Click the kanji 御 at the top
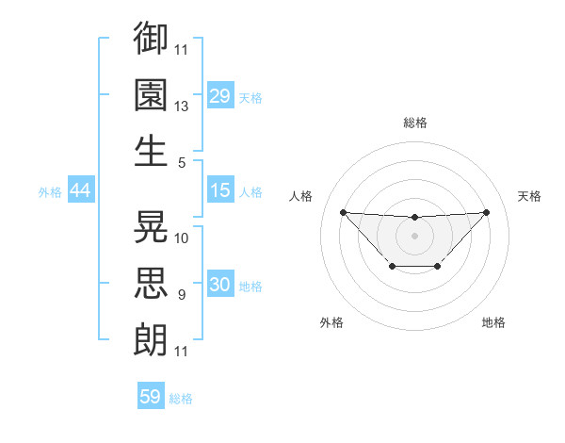pyautogui.click(x=152, y=39)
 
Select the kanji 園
pyautogui.click(x=152, y=94)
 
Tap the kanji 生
pyautogui.click(x=152, y=151)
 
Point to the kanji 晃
pyautogui.click(x=152, y=226)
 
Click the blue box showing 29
pyautogui.click(x=220, y=96)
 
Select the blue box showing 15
pyautogui.click(x=220, y=190)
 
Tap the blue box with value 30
pyautogui.click(x=220, y=285)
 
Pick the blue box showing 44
pyautogui.click(x=81, y=190)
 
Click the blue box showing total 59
pyautogui.click(x=151, y=397)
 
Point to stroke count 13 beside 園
pyautogui.click(x=182, y=107)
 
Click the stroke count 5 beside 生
pyautogui.click(x=182, y=162)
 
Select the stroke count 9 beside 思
pyautogui.click(x=182, y=295)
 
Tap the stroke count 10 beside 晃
pyautogui.click(x=182, y=238)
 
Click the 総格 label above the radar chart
pyautogui.click(x=414, y=123)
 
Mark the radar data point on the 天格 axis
pyautogui.click(x=486, y=212)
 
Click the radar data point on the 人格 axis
pyautogui.click(x=343, y=212)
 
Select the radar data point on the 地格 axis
pyautogui.click(x=438, y=267)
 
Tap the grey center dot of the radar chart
pyautogui.click(x=414, y=235)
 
